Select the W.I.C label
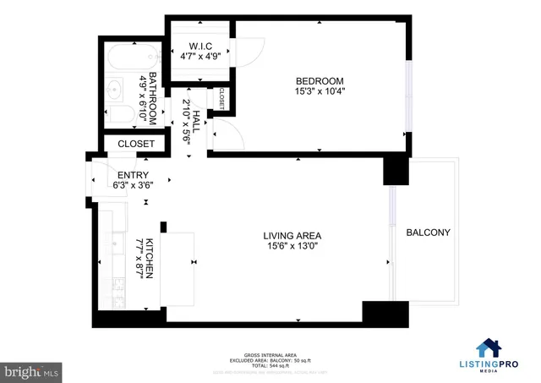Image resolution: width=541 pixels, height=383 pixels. pos(199,47)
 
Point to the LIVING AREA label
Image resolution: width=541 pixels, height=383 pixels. pos(292,235)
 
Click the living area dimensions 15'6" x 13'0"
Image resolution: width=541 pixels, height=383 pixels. pos(292,248)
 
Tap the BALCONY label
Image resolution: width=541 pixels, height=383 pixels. pos(428,233)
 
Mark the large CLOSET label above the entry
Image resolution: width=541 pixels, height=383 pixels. pos(135,144)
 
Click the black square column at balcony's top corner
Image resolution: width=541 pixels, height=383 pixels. pos(396,170)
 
